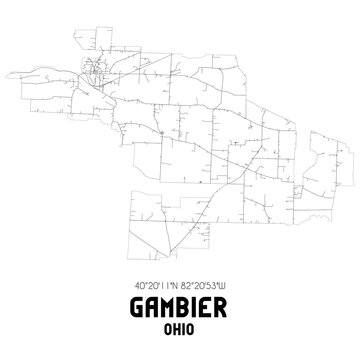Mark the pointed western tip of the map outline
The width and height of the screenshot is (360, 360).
click(x=32, y=71)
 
